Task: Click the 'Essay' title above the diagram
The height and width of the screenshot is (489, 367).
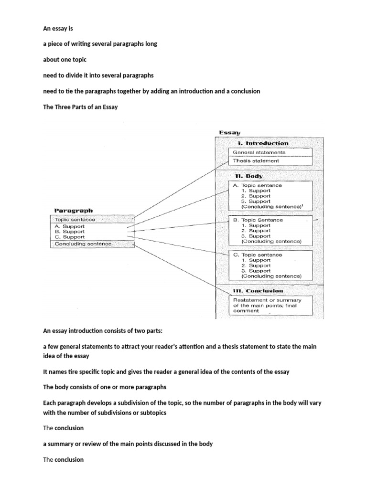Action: (x=230, y=132)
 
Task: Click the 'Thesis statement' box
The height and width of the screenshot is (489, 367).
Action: (x=256, y=161)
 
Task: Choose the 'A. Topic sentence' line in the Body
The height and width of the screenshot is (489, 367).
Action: (x=258, y=185)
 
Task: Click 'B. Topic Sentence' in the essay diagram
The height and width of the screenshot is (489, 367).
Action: (x=258, y=220)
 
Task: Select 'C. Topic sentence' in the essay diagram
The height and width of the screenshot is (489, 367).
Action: (x=258, y=255)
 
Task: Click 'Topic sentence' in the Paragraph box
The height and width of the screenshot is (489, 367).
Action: (x=75, y=220)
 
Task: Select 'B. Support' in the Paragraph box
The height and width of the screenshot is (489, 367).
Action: (x=70, y=232)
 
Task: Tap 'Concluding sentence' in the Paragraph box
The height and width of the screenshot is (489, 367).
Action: (x=83, y=244)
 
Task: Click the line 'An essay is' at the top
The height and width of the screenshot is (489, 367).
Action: (x=58, y=28)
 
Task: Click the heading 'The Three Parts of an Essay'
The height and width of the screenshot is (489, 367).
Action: (x=80, y=107)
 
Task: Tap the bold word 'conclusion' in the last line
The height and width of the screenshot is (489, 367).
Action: (x=69, y=459)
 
